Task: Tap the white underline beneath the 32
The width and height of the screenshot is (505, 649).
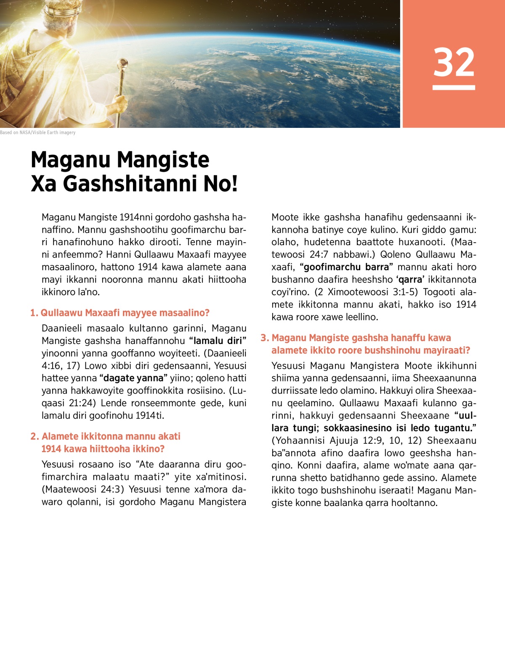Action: pyautogui.click(x=454, y=87)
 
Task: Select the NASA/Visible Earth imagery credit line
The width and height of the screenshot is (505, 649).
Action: pyautogui.click(x=38, y=132)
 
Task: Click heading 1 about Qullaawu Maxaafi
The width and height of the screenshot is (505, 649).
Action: pyautogui.click(x=120, y=313)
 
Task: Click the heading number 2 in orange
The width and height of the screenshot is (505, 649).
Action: pyautogui.click(x=35, y=437)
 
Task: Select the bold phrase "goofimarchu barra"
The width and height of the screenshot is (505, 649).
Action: pyautogui.click(x=346, y=267)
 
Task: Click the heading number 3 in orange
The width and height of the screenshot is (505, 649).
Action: pyautogui.click(x=264, y=338)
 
